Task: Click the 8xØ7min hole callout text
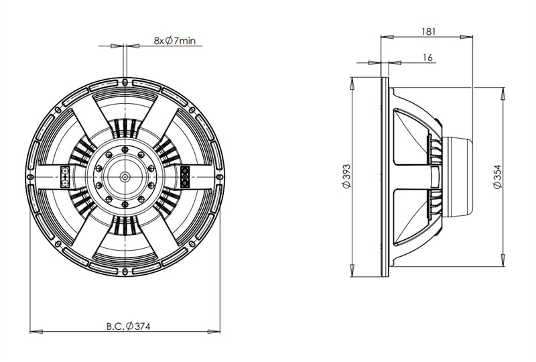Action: (x=175, y=41)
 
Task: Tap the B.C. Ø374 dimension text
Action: (x=128, y=326)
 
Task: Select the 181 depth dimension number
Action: (x=428, y=32)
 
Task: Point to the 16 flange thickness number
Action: (x=427, y=58)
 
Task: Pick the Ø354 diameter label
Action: (x=497, y=176)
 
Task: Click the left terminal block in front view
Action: (x=64, y=177)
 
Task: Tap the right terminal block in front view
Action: (x=185, y=176)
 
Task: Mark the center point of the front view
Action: (x=125, y=177)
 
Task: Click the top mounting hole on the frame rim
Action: (x=125, y=82)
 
